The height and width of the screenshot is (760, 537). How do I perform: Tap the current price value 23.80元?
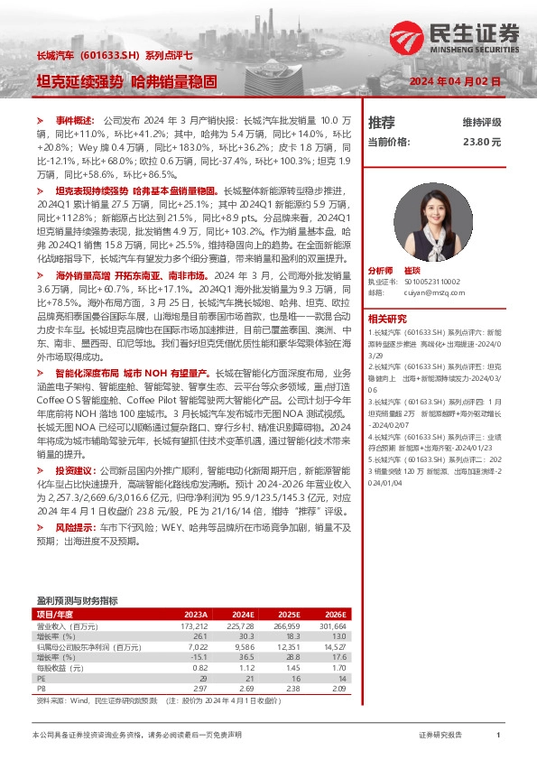point(481,142)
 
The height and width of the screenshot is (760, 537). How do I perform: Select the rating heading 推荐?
point(382,122)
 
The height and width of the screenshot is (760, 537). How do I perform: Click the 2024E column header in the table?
point(243,614)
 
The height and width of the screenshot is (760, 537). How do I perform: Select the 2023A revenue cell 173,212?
point(194,626)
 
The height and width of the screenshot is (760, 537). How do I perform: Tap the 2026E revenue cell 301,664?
point(331,626)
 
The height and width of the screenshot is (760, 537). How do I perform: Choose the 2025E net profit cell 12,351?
point(286,646)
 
